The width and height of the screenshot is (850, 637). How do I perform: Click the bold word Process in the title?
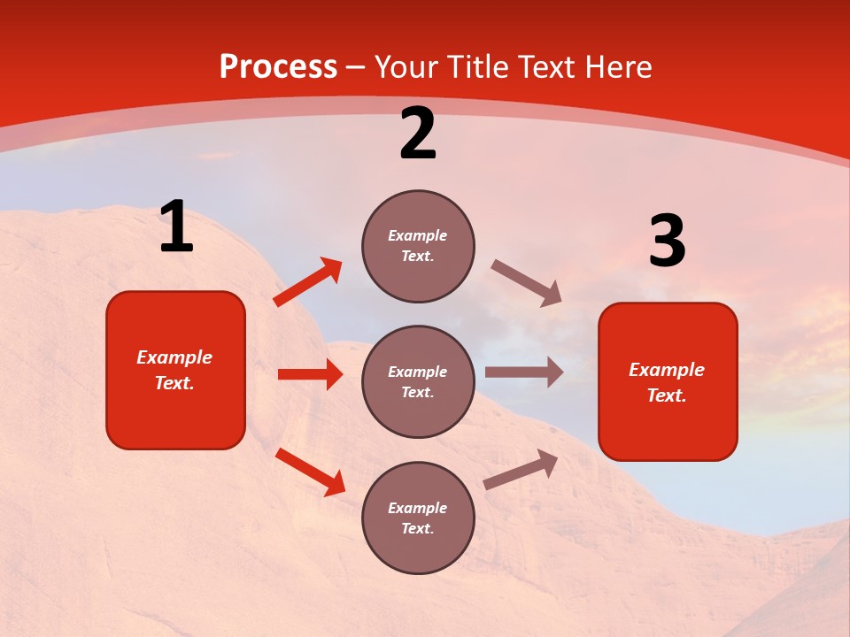[x=278, y=67]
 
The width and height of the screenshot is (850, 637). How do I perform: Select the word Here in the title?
[x=616, y=67]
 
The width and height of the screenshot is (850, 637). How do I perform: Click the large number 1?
[x=176, y=227]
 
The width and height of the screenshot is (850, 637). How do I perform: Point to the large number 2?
[x=418, y=134]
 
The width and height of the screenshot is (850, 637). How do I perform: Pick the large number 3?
[x=667, y=242]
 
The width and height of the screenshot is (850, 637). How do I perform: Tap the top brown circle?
[x=418, y=246]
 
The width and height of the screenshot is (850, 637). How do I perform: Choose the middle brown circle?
[x=418, y=381]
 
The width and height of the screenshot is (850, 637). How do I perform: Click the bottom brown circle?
[x=418, y=518]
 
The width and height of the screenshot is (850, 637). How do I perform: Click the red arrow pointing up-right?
[x=308, y=282]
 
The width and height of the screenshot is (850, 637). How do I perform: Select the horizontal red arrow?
[x=310, y=374]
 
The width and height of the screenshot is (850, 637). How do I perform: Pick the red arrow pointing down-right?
[x=310, y=472]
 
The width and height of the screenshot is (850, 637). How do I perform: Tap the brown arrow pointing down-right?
[x=527, y=283]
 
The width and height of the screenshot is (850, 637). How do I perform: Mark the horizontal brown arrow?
[x=524, y=372]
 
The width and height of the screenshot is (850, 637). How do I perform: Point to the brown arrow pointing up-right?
[x=522, y=470]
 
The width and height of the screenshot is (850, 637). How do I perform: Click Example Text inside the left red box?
[x=174, y=370]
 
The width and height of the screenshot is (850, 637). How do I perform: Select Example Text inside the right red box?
[x=667, y=382]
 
